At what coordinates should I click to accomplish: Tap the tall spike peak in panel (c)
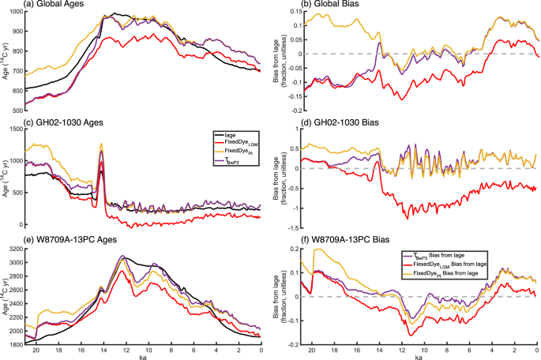pos(102,144)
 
